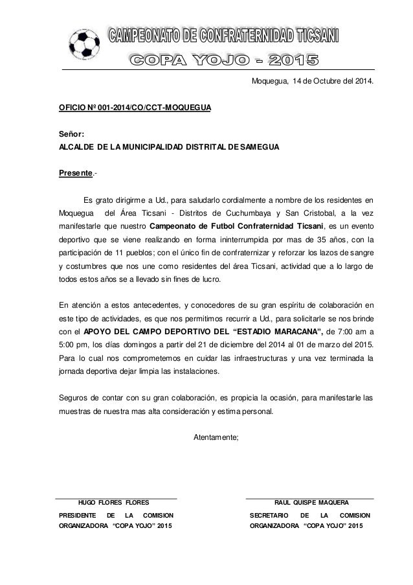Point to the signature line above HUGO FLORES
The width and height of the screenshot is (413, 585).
117,497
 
